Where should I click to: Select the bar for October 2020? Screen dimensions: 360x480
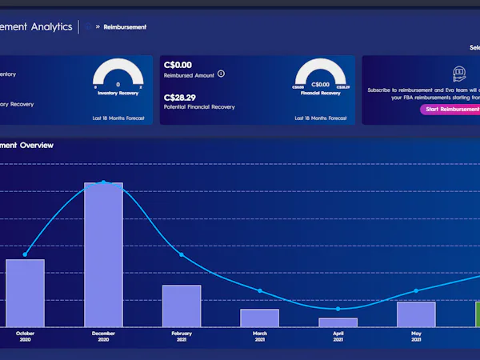coord(25,293)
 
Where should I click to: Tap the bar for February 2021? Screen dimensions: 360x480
coord(182,306)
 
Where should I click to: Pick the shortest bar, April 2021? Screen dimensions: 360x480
coord(338,322)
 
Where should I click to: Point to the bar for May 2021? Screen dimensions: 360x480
coord(416,314)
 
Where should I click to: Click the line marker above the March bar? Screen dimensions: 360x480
coord(260,290)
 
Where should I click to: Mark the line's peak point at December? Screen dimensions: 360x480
coord(104,182)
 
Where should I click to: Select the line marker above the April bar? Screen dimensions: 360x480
coord(338,309)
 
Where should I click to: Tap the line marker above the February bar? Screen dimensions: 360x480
coord(182,255)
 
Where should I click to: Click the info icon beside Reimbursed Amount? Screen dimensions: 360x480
coord(221,74)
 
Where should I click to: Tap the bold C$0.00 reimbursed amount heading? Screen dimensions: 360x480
coord(178,65)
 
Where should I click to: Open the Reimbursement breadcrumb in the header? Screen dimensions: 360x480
coord(125,26)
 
